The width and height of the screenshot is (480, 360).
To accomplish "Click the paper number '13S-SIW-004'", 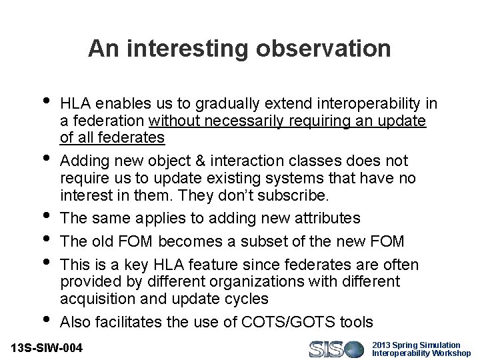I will tap(49, 348).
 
